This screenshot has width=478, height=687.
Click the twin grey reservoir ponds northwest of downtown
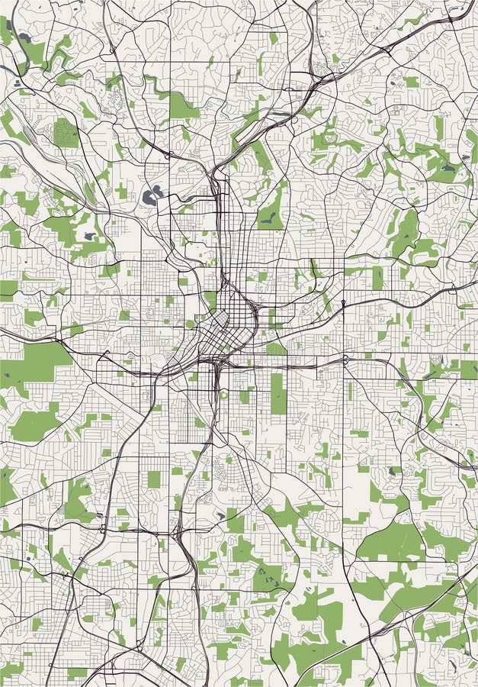coord(152,195)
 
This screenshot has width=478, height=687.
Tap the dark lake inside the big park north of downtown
coord(268,219)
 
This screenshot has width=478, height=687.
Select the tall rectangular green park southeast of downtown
coord(277,393)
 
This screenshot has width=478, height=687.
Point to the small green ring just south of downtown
coord(223,395)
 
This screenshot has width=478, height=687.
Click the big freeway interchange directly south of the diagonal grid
coord(212,365)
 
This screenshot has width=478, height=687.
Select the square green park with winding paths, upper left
coord(66,134)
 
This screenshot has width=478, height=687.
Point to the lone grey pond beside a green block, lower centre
coord(220,516)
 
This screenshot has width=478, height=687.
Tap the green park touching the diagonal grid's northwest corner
coord(190,324)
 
